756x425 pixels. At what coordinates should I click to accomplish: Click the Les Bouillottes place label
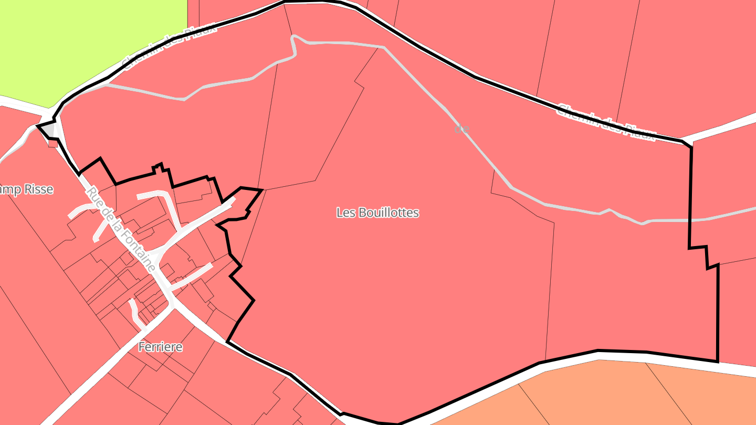pyautogui.click(x=377, y=212)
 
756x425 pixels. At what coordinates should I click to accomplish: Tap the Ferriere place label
pyautogui.click(x=161, y=347)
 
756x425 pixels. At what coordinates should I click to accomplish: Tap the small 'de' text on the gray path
pyautogui.click(x=461, y=129)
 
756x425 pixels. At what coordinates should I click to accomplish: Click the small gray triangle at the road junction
pyautogui.click(x=48, y=129)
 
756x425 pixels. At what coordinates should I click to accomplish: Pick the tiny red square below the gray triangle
pyautogui.click(x=52, y=143)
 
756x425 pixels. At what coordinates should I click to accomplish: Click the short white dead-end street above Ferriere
pyautogui.click(x=135, y=312)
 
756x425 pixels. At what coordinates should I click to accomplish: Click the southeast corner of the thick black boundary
pyautogui.click(x=717, y=361)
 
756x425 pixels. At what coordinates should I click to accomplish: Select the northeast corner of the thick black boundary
pyautogui.click(x=690, y=146)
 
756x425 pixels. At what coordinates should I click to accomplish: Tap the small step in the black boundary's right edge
pyautogui.click(x=706, y=257)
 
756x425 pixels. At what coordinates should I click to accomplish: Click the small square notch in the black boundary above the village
pyautogui.click(x=157, y=167)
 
